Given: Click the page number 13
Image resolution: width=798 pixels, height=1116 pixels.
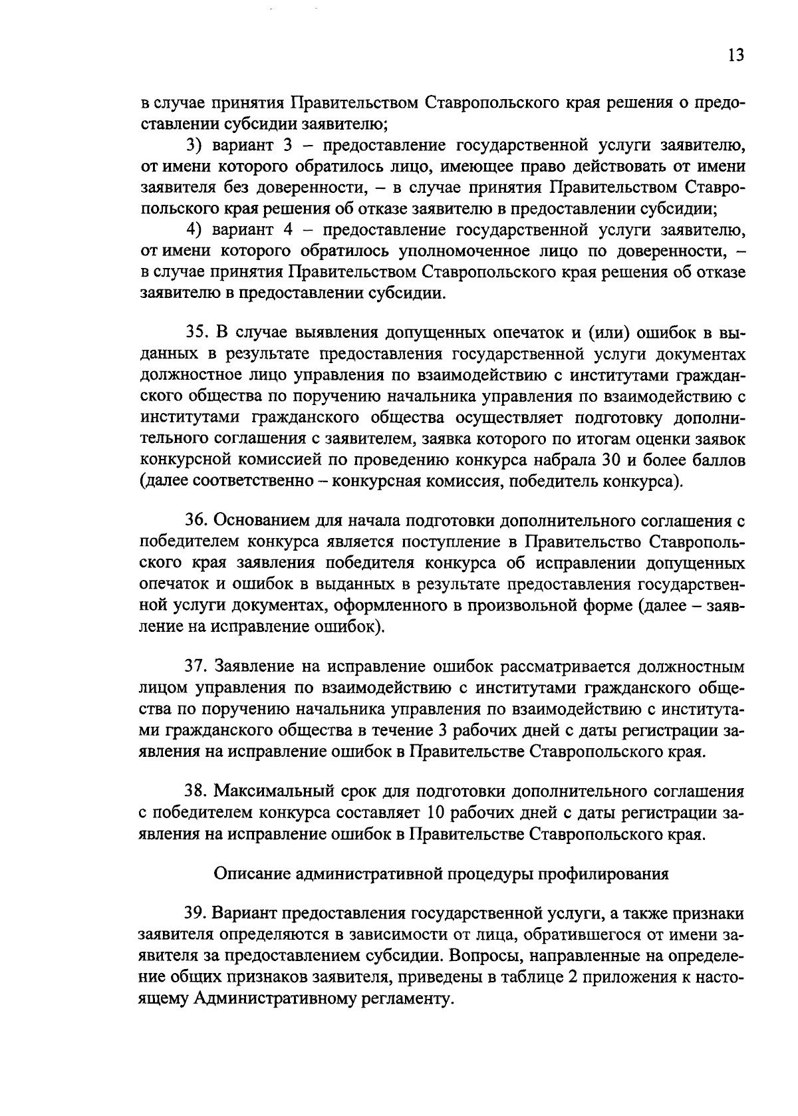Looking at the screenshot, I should point(735,55).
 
